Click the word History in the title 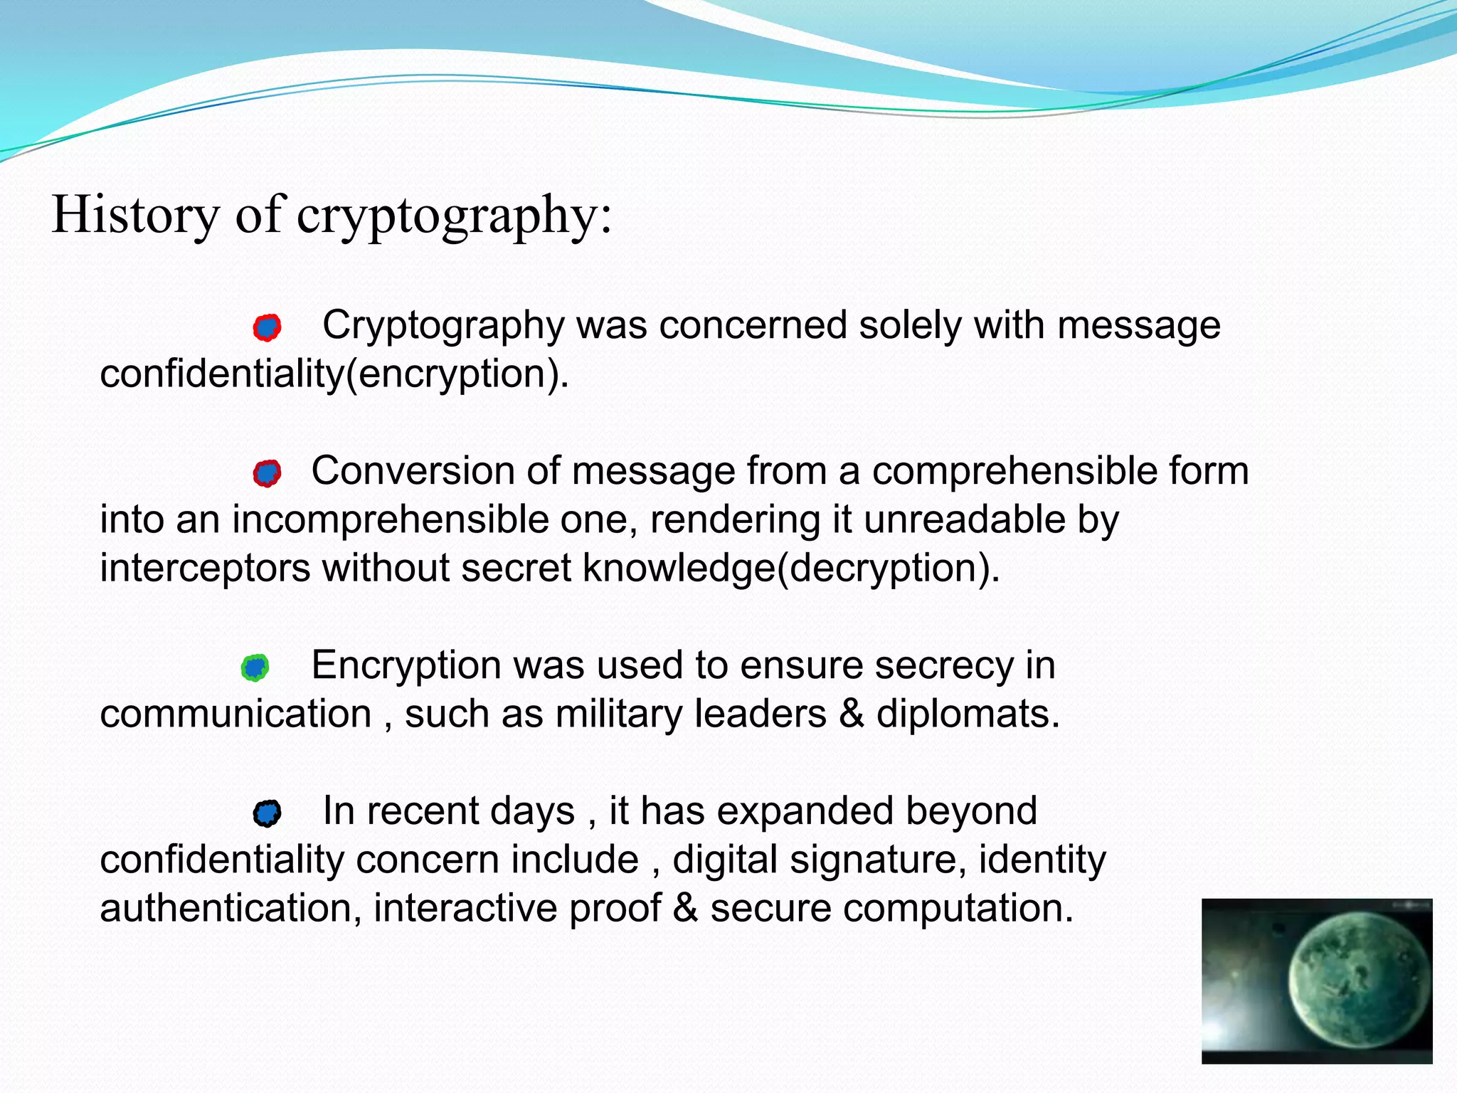click(x=135, y=214)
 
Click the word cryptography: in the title click(x=453, y=216)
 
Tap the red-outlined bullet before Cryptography click(x=267, y=327)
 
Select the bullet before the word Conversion click(x=267, y=473)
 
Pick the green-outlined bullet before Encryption click(x=255, y=667)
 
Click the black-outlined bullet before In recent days click(x=267, y=813)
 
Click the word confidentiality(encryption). click(x=334, y=374)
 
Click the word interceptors click(x=205, y=569)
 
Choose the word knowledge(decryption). click(x=791, y=569)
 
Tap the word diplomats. click(x=968, y=714)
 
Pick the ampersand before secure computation click(x=685, y=909)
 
